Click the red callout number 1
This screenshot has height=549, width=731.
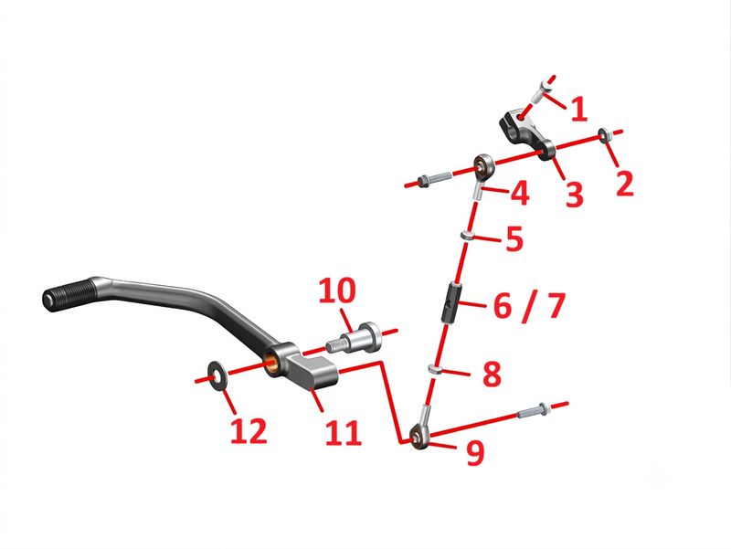(x=579, y=110)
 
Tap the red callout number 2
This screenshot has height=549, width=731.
(x=625, y=184)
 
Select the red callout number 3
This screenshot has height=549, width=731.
(x=575, y=195)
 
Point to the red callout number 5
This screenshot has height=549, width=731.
(x=514, y=238)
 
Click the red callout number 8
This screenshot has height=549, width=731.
(x=492, y=374)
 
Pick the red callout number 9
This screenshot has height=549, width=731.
(x=475, y=452)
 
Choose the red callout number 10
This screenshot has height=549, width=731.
(x=337, y=290)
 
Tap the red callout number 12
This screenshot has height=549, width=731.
(x=249, y=430)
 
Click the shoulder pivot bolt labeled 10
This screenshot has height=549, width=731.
(x=355, y=337)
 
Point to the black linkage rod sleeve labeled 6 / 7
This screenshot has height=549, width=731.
(x=451, y=302)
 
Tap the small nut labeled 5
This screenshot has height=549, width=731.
(x=468, y=236)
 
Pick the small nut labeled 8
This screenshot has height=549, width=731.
(x=435, y=370)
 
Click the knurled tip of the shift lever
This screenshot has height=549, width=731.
(x=70, y=294)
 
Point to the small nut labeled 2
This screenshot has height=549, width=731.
(x=604, y=134)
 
